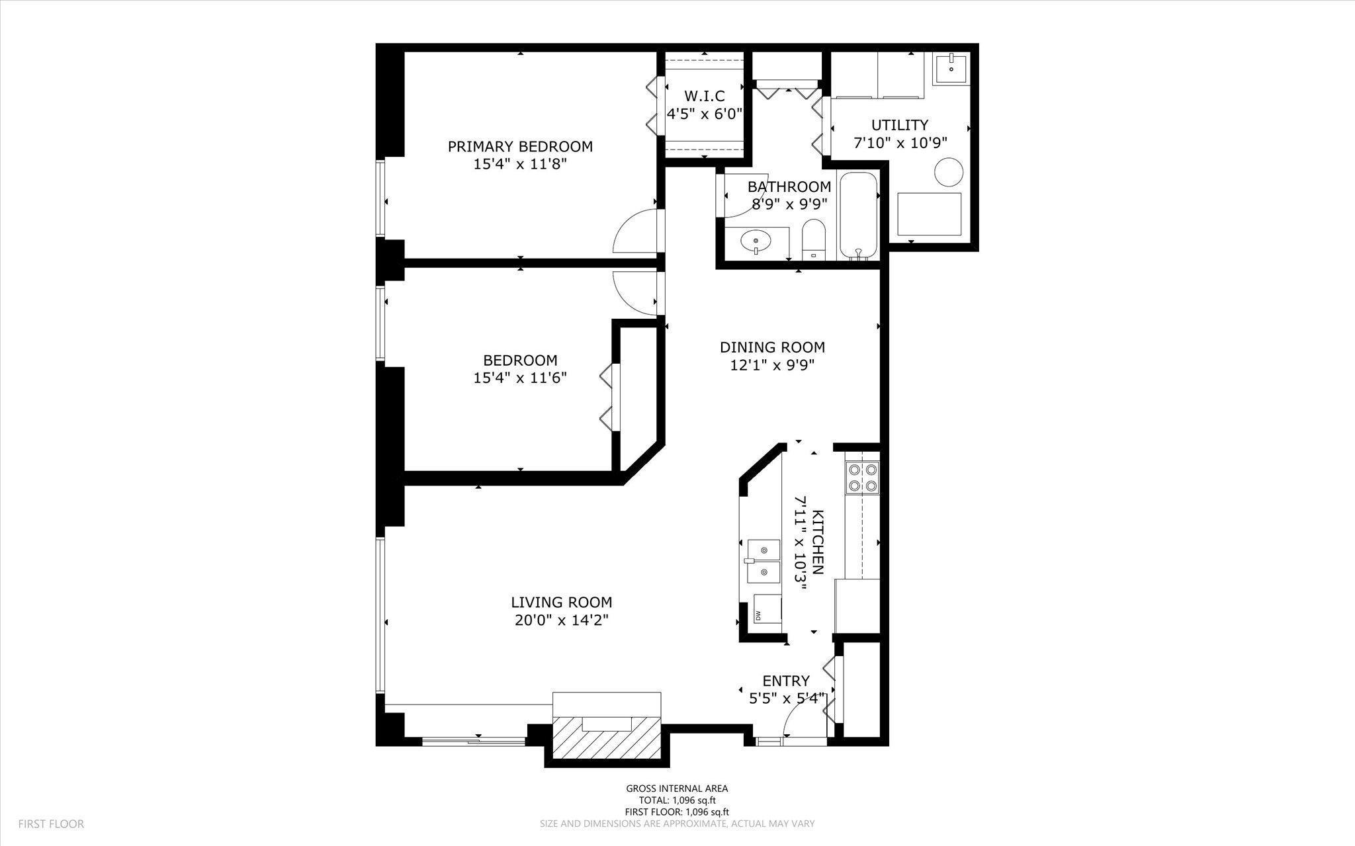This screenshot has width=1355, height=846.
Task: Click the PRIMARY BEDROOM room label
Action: coord(520,146)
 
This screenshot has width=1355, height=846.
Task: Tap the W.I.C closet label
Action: coord(704,96)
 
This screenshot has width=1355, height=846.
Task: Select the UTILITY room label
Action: coord(899,125)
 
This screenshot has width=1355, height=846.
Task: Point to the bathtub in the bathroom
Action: coord(858,215)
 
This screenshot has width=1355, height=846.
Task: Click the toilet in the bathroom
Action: coord(814,239)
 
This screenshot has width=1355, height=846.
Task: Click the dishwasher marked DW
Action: coord(767,609)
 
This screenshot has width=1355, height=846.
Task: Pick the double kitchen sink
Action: coord(764,561)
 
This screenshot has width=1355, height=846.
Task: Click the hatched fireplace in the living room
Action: coord(607,737)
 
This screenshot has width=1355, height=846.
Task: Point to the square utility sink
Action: coord(951,69)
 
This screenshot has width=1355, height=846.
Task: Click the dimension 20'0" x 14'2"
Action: coord(561,620)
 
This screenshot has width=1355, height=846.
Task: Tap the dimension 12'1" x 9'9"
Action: coord(771,365)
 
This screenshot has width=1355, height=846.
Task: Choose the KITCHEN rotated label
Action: coord(818,542)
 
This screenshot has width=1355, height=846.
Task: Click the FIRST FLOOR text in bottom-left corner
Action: coord(51,824)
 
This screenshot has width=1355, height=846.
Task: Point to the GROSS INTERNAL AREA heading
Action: coord(677,788)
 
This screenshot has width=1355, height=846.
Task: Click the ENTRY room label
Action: coord(786,681)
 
